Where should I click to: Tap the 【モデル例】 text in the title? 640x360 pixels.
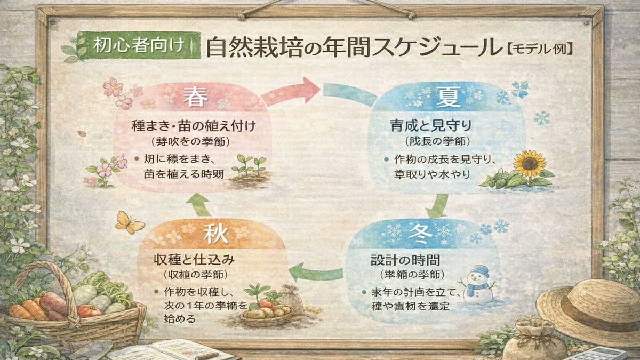pyautogui.click(x=540, y=49)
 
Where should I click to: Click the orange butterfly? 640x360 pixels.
pyautogui.click(x=130, y=222)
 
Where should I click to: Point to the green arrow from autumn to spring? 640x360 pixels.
pyautogui.click(x=201, y=204)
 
